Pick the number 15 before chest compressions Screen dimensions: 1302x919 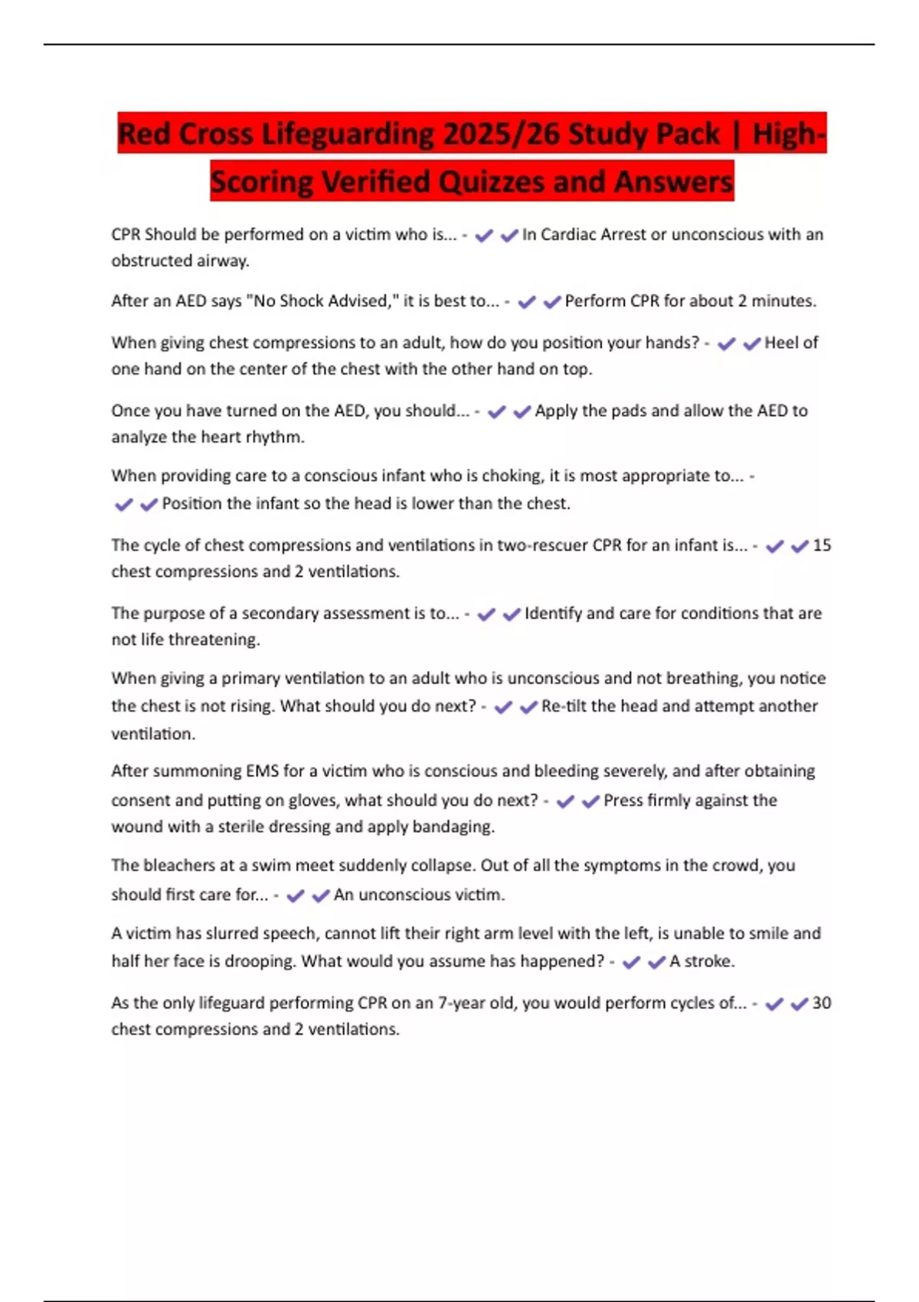822,545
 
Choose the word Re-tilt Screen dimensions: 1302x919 563,706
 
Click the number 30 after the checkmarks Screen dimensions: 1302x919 822,1003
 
